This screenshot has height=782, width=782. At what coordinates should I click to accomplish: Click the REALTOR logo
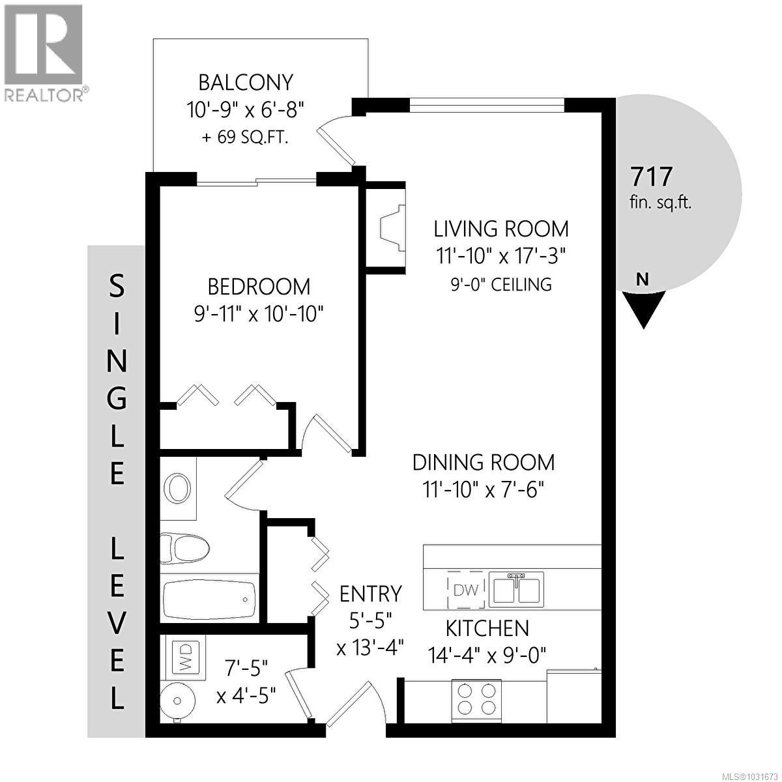(x=44, y=52)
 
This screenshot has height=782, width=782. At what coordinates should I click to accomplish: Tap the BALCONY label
(x=246, y=83)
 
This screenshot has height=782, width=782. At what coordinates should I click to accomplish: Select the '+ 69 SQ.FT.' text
(x=246, y=138)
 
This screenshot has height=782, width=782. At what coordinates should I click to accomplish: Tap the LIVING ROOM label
(x=501, y=229)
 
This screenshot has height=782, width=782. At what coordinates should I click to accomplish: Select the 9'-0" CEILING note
(x=501, y=284)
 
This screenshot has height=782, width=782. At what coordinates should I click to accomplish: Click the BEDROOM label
(x=259, y=286)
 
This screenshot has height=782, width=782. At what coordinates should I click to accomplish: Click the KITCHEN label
(x=487, y=628)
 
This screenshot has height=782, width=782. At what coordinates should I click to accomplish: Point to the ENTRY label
(x=371, y=594)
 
